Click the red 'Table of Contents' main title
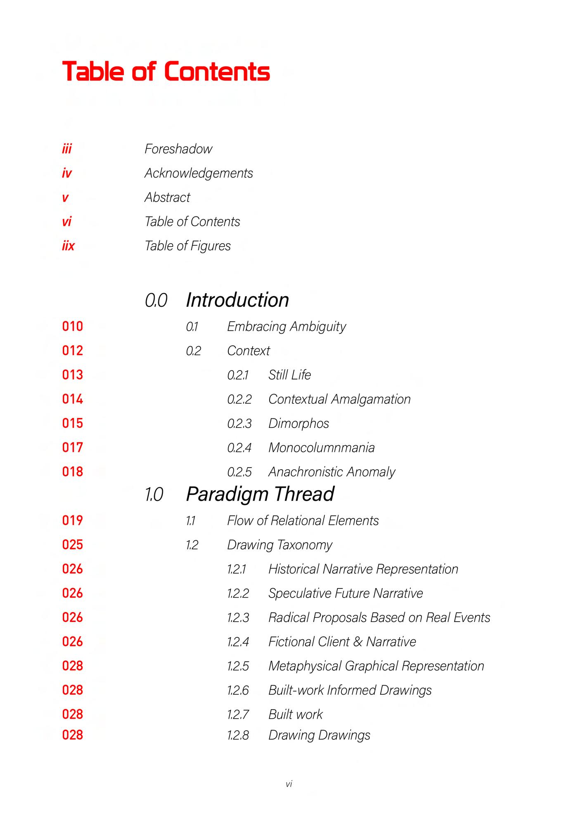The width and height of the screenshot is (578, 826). [166, 71]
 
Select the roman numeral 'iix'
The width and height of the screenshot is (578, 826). [68, 246]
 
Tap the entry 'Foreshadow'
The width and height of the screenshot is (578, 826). [178, 149]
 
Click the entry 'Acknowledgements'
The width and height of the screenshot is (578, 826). [199, 173]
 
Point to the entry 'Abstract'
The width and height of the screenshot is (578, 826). [167, 197]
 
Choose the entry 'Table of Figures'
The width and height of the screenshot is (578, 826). [187, 246]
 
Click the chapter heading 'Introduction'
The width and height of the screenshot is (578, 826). [237, 300]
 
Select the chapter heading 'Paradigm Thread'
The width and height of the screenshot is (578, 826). [260, 494]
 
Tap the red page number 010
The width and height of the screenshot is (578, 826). [73, 327]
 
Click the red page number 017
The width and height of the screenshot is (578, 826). [73, 448]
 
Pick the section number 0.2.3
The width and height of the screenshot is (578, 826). [239, 424]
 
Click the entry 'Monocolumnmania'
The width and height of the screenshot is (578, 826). [321, 448]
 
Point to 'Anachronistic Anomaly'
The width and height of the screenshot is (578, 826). [332, 472]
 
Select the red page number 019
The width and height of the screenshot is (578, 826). [73, 520]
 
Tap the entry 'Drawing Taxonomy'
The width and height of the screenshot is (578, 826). [280, 545]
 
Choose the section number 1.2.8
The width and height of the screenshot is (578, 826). [238, 735]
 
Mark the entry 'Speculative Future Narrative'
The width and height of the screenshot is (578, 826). [346, 593]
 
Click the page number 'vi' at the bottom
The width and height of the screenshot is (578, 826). [289, 784]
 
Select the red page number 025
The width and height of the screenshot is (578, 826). [73, 545]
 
